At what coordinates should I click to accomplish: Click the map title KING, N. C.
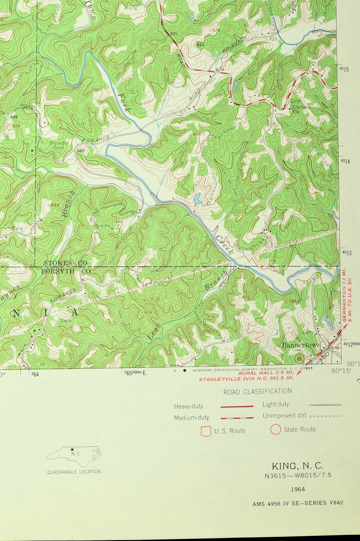point(297,466)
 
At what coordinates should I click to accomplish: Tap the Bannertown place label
point(301,345)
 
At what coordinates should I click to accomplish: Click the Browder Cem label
point(59,145)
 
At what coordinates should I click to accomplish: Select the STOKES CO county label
point(65,263)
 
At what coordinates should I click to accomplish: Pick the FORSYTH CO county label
point(66,271)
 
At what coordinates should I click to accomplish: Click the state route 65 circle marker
point(299,359)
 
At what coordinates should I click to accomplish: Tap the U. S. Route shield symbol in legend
point(206,431)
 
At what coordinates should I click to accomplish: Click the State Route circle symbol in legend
point(276,430)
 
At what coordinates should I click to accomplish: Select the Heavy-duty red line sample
point(237,407)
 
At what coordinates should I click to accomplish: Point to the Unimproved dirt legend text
point(284,416)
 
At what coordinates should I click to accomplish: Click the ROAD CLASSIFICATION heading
point(257,392)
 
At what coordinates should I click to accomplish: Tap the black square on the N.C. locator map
point(73,449)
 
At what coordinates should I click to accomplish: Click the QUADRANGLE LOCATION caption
point(74,472)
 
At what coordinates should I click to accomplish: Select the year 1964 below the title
point(297,489)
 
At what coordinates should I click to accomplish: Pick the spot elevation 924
point(148,312)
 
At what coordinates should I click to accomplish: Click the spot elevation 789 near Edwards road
point(81,151)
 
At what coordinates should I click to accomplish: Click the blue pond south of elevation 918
point(198,199)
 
